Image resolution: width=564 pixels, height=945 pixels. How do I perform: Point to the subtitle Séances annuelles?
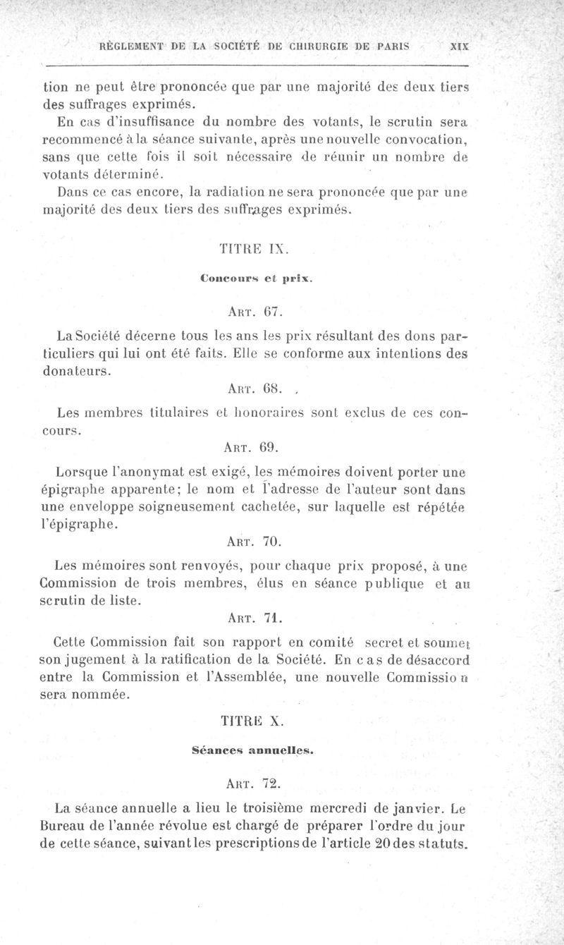tap(252, 751)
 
